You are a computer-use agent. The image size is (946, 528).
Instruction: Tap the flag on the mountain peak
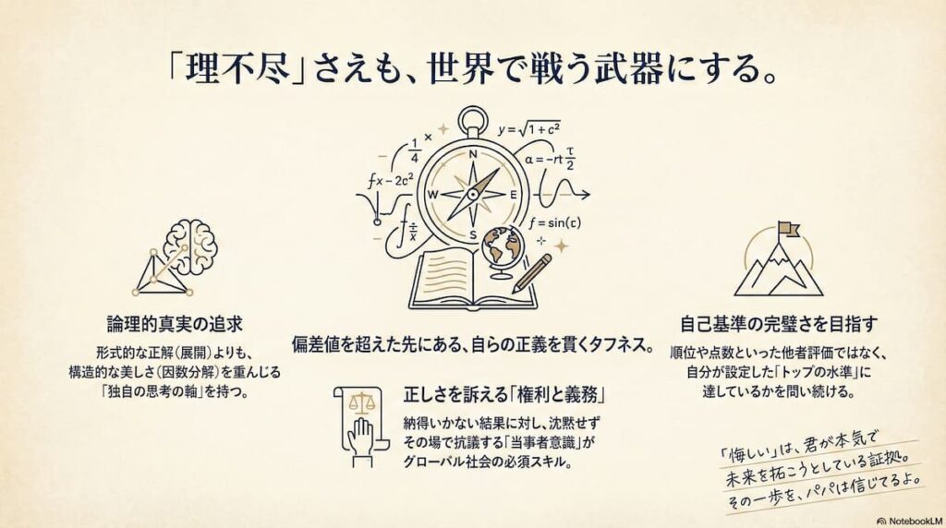pyautogui.click(x=788, y=229)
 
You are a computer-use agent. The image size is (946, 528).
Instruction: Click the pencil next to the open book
pyautogui.click(x=531, y=273)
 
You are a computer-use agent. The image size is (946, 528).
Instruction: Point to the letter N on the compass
pyautogui.click(x=473, y=154)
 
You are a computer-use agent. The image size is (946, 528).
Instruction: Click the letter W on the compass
pyautogui.click(x=432, y=195)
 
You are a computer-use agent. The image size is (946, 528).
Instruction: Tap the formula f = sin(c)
pyautogui.click(x=555, y=223)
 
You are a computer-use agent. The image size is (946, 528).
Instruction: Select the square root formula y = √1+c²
pyautogui.click(x=529, y=129)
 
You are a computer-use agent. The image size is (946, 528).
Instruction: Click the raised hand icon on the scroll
pyautogui.click(x=362, y=436)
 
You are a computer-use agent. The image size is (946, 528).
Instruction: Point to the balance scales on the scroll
pyautogui.click(x=362, y=403)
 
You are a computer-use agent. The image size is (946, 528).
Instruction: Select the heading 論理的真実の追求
pyautogui.click(x=175, y=324)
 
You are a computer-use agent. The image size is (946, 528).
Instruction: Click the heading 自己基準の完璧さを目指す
pyautogui.click(x=778, y=324)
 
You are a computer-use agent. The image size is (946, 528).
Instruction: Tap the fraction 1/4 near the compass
pyautogui.click(x=415, y=150)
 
